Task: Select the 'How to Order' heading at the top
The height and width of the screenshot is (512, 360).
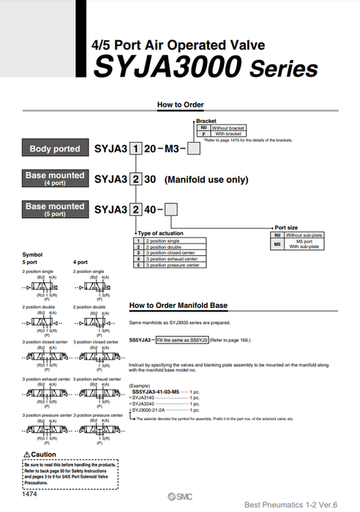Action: click(180, 105)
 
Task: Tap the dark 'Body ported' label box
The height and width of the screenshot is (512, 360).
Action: click(55, 148)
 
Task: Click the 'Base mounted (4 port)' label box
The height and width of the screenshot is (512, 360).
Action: click(55, 178)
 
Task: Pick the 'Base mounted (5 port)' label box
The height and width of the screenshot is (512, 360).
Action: click(55, 209)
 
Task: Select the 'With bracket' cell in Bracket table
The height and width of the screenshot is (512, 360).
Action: click(228, 134)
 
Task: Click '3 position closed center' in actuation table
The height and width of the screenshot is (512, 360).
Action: click(173, 252)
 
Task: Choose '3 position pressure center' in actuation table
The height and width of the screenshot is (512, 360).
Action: click(173, 265)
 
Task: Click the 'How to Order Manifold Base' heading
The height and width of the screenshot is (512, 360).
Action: click(178, 305)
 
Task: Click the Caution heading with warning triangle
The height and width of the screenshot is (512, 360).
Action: click(40, 454)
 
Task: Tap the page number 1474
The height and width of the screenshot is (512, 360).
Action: click(30, 494)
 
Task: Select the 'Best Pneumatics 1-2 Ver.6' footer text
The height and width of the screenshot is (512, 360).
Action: click(297, 504)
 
